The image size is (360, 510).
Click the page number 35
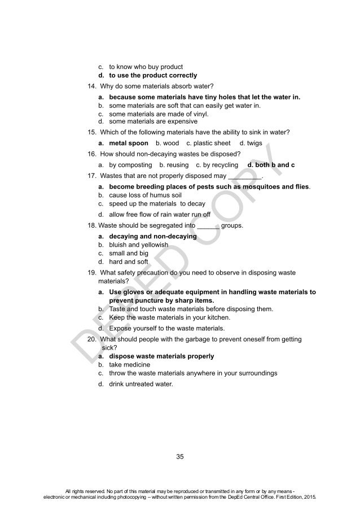180,456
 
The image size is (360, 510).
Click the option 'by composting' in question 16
130,165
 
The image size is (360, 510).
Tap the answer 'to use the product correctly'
153,75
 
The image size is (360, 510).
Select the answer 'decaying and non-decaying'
153,236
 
